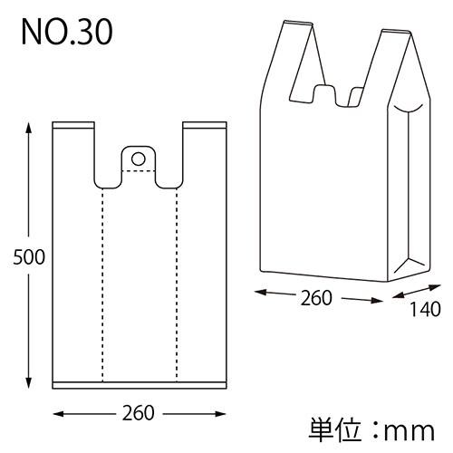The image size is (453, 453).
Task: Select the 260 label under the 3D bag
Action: [x=317, y=297]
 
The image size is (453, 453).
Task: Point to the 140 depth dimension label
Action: [x=424, y=309]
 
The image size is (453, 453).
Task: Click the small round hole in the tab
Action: [x=138, y=159]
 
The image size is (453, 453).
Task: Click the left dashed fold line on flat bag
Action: [x=101, y=281]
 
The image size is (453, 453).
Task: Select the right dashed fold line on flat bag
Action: [x=176, y=281]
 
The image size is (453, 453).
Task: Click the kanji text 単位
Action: [x=333, y=427]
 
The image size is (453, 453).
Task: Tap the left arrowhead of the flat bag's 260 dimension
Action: [x=59, y=413]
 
